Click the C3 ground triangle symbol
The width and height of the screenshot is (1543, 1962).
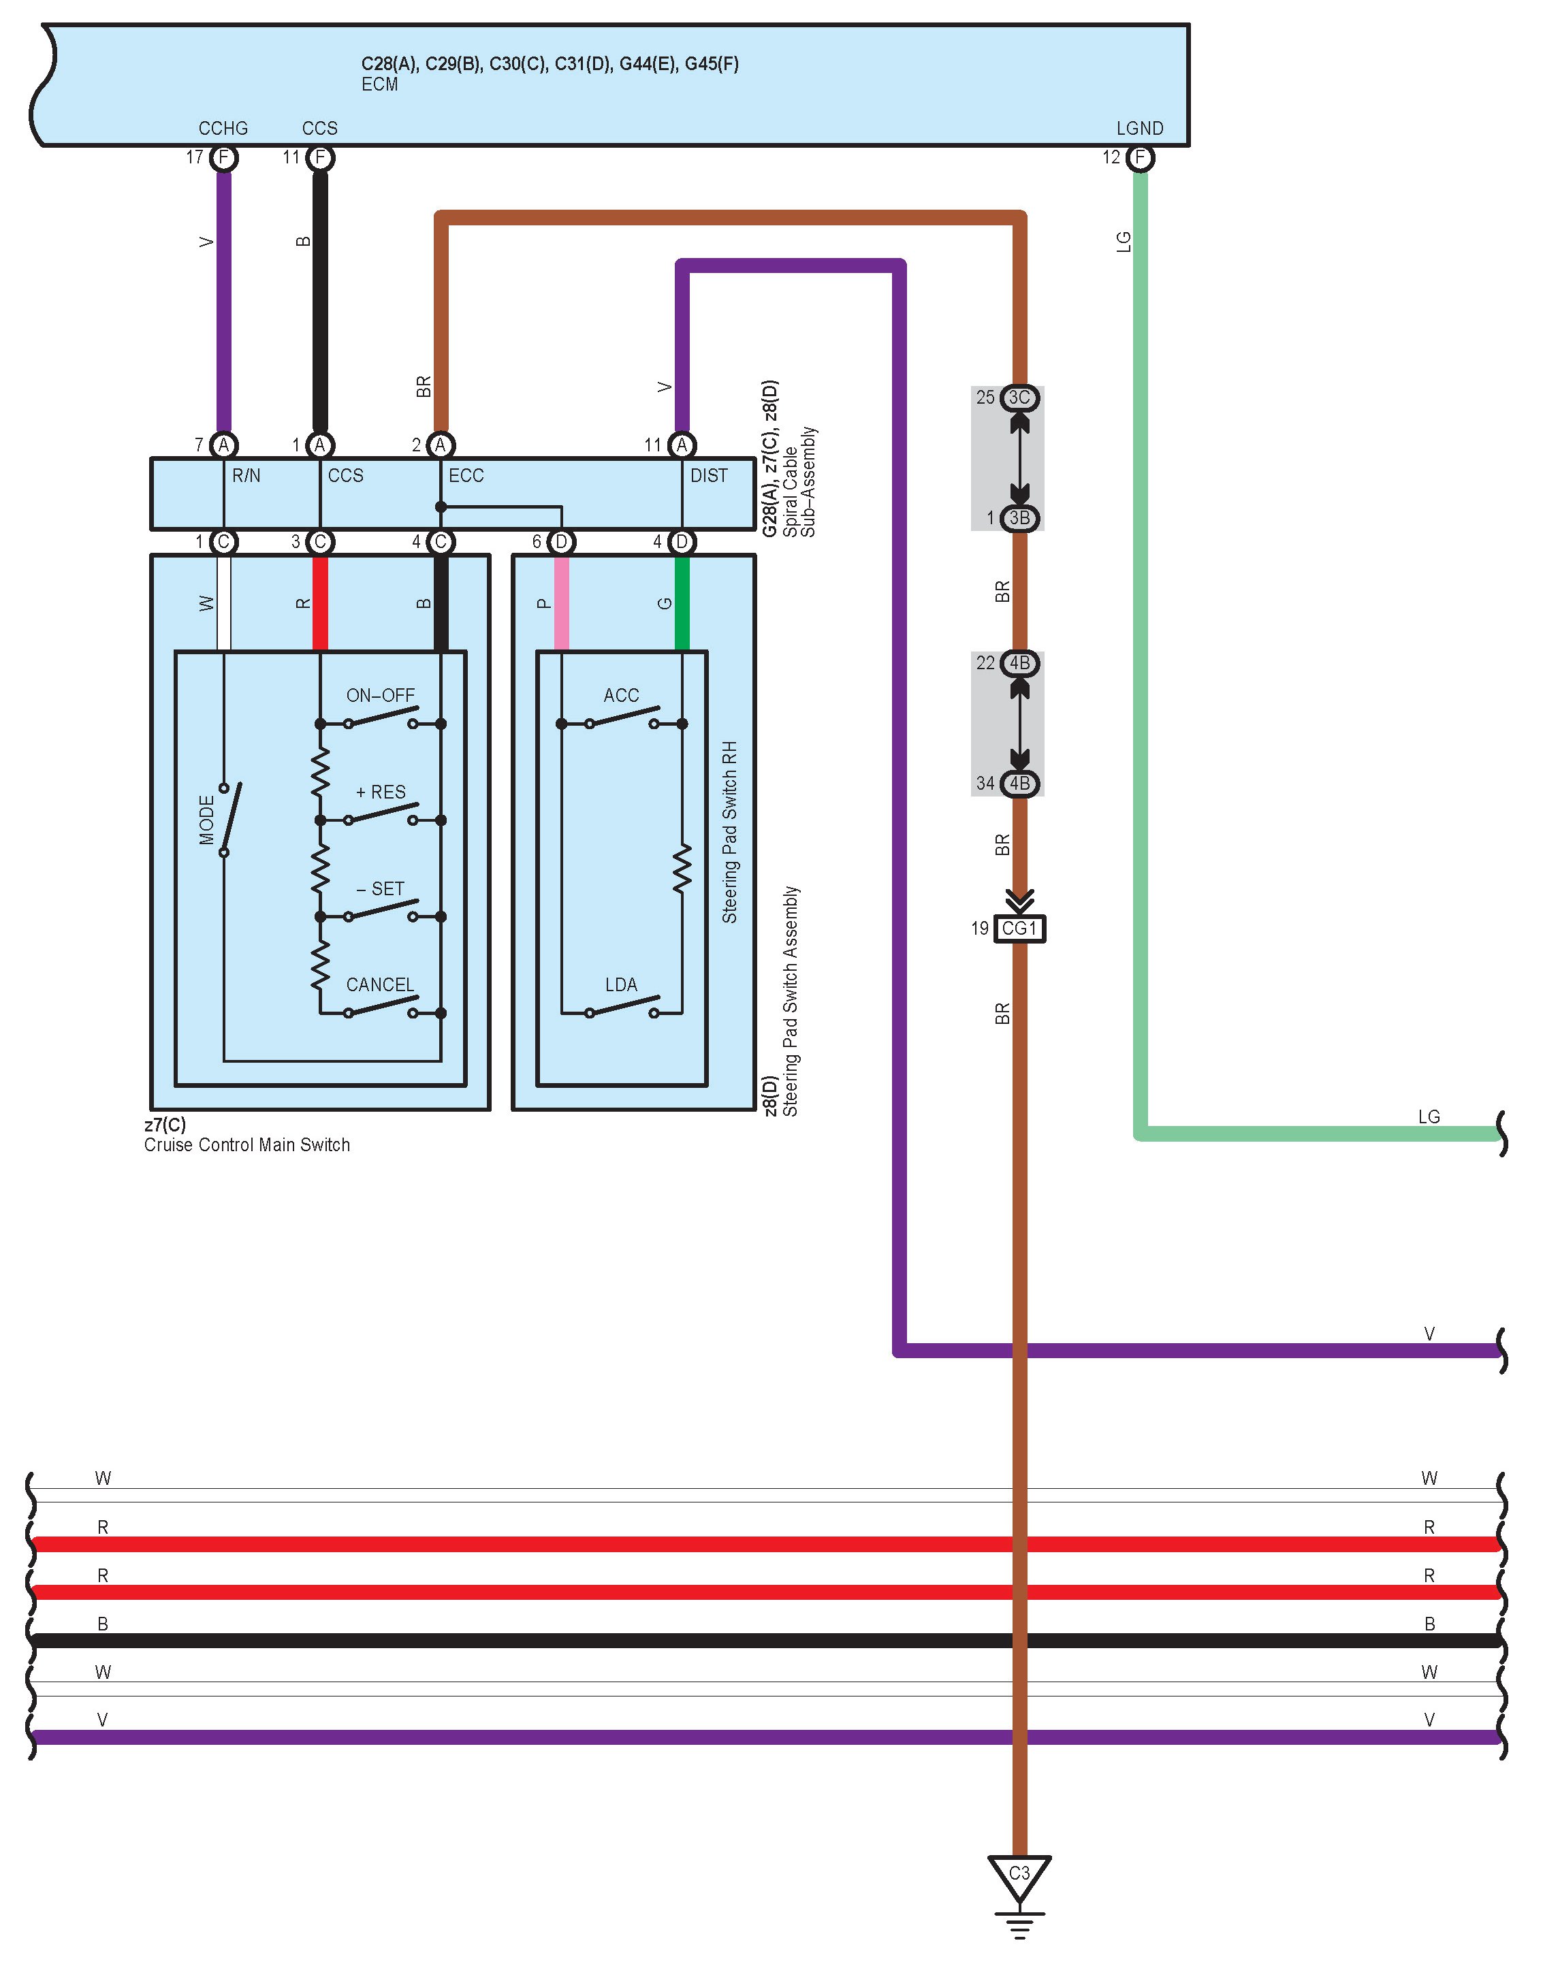1019,1877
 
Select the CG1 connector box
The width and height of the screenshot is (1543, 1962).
1020,929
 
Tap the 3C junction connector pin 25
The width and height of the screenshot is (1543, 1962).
1020,398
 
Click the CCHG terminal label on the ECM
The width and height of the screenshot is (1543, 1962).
223,128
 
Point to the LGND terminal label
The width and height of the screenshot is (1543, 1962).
1140,128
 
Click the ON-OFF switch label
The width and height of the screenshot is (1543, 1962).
381,696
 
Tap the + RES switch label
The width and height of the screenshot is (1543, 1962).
381,792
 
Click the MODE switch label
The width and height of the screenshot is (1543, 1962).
207,820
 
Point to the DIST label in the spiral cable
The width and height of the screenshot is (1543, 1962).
708,476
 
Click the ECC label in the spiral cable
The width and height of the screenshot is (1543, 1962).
466,476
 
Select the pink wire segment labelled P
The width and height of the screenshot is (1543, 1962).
561,603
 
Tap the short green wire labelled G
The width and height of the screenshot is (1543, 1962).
682,603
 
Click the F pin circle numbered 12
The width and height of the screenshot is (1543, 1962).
1140,158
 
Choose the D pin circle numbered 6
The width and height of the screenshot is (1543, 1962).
561,542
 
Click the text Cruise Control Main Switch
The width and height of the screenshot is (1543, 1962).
246,1145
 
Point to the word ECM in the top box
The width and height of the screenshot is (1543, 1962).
379,84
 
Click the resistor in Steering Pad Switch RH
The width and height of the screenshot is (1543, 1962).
682,869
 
